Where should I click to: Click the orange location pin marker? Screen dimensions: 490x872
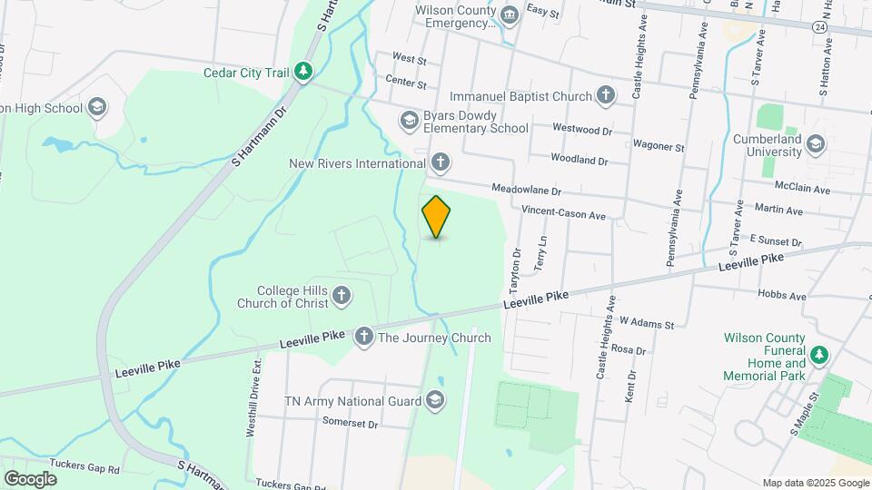(437, 216)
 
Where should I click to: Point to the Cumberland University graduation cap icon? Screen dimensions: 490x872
(815, 143)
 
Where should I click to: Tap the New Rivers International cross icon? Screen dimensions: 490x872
(440, 163)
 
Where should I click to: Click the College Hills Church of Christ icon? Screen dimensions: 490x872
(342, 295)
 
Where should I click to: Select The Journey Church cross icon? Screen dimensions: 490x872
(364, 338)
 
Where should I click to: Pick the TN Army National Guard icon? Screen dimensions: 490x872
(435, 401)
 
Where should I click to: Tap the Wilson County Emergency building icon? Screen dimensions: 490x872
(509, 15)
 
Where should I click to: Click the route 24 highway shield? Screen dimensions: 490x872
(820, 28)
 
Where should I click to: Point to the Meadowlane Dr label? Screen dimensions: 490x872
(527, 191)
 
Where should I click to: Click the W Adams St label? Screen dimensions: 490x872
(647, 323)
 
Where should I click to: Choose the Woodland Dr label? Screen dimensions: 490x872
(579, 159)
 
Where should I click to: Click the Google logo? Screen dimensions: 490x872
(30, 478)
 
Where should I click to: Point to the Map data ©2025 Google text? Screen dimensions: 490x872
(815, 483)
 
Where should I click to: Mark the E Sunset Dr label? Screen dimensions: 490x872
(776, 242)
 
